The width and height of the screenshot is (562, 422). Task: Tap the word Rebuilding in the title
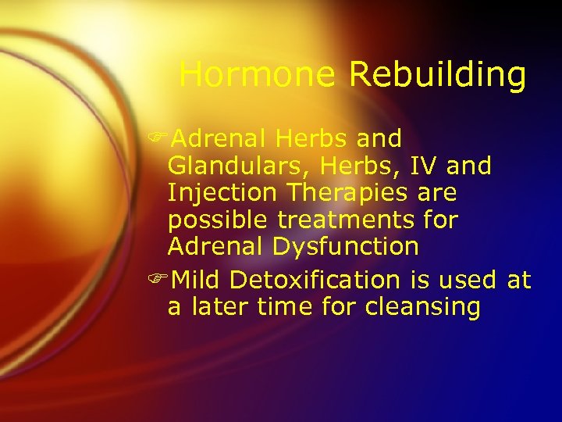437,75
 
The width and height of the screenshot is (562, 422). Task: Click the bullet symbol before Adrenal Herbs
162,139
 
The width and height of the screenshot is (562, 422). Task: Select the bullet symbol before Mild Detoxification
162,280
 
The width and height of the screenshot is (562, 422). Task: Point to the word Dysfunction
346,247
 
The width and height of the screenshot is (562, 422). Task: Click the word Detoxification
315,280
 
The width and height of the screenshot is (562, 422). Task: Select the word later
215,307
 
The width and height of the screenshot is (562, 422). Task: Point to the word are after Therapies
437,192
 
